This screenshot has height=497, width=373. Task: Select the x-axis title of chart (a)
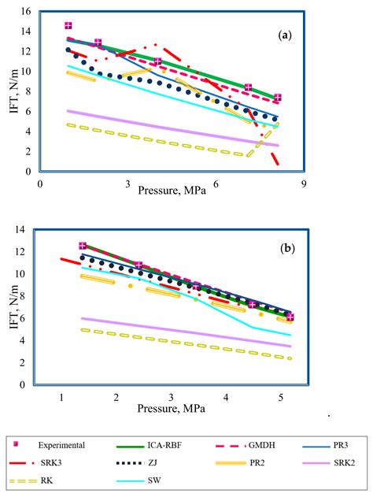click(172, 190)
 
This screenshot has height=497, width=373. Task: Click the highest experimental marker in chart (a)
click(68, 26)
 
